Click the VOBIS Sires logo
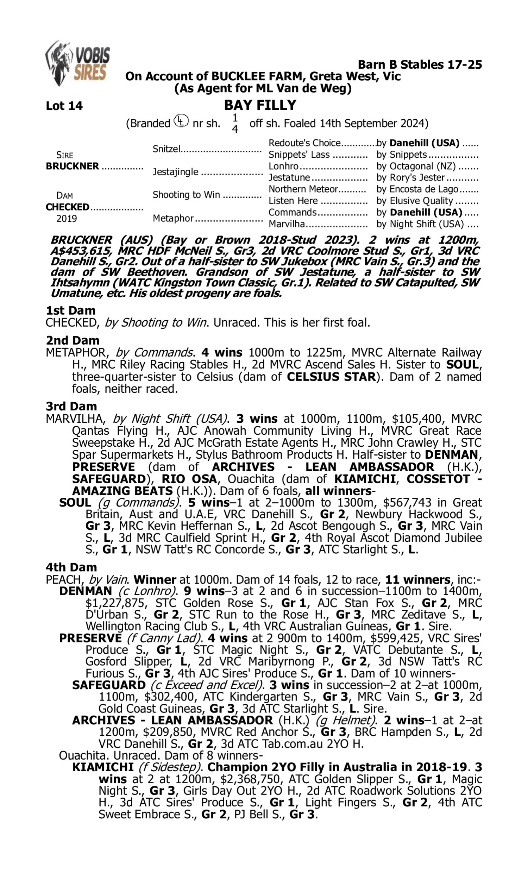(x=77, y=63)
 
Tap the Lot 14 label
(x=64, y=106)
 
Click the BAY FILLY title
(x=260, y=105)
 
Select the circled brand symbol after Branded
(x=181, y=121)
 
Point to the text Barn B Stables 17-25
(x=420, y=65)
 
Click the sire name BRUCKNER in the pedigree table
(x=72, y=166)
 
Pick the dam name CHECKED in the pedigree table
(x=67, y=207)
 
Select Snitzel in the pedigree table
(x=166, y=149)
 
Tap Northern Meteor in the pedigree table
(x=303, y=189)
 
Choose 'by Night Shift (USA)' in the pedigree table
(x=420, y=224)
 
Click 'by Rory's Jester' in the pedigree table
(x=410, y=177)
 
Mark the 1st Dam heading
(x=70, y=310)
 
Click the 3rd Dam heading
(x=71, y=406)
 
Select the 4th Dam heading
(x=71, y=567)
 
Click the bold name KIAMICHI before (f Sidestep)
(x=103, y=767)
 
